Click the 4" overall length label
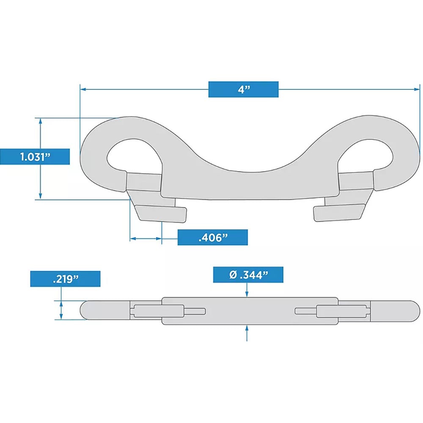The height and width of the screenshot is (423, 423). click(x=243, y=89)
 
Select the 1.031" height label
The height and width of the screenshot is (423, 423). click(x=35, y=157)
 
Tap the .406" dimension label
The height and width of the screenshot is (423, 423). click(x=212, y=237)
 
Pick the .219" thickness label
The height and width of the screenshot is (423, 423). click(x=65, y=279)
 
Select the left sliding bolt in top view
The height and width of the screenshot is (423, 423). click(x=144, y=181)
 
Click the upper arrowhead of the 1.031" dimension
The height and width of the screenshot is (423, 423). click(x=41, y=121)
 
